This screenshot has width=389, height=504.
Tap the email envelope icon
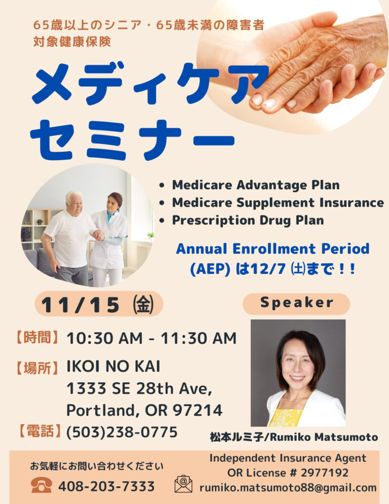[183, 484]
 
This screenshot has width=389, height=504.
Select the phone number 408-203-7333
[106, 486]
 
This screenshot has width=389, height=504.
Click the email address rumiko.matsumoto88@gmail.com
[288, 488]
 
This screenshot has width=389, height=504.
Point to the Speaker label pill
[296, 303]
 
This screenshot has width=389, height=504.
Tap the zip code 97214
[198, 410]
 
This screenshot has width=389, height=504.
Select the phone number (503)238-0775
[122, 432]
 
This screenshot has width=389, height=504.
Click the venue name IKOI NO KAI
[113, 367]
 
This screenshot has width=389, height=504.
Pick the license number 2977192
[325, 473]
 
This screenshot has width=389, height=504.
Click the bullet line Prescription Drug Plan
[248, 221]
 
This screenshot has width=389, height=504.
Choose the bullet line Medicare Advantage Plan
[256, 185]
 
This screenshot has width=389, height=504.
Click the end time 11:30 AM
[199, 338]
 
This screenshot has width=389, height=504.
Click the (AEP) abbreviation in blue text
[210, 269]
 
